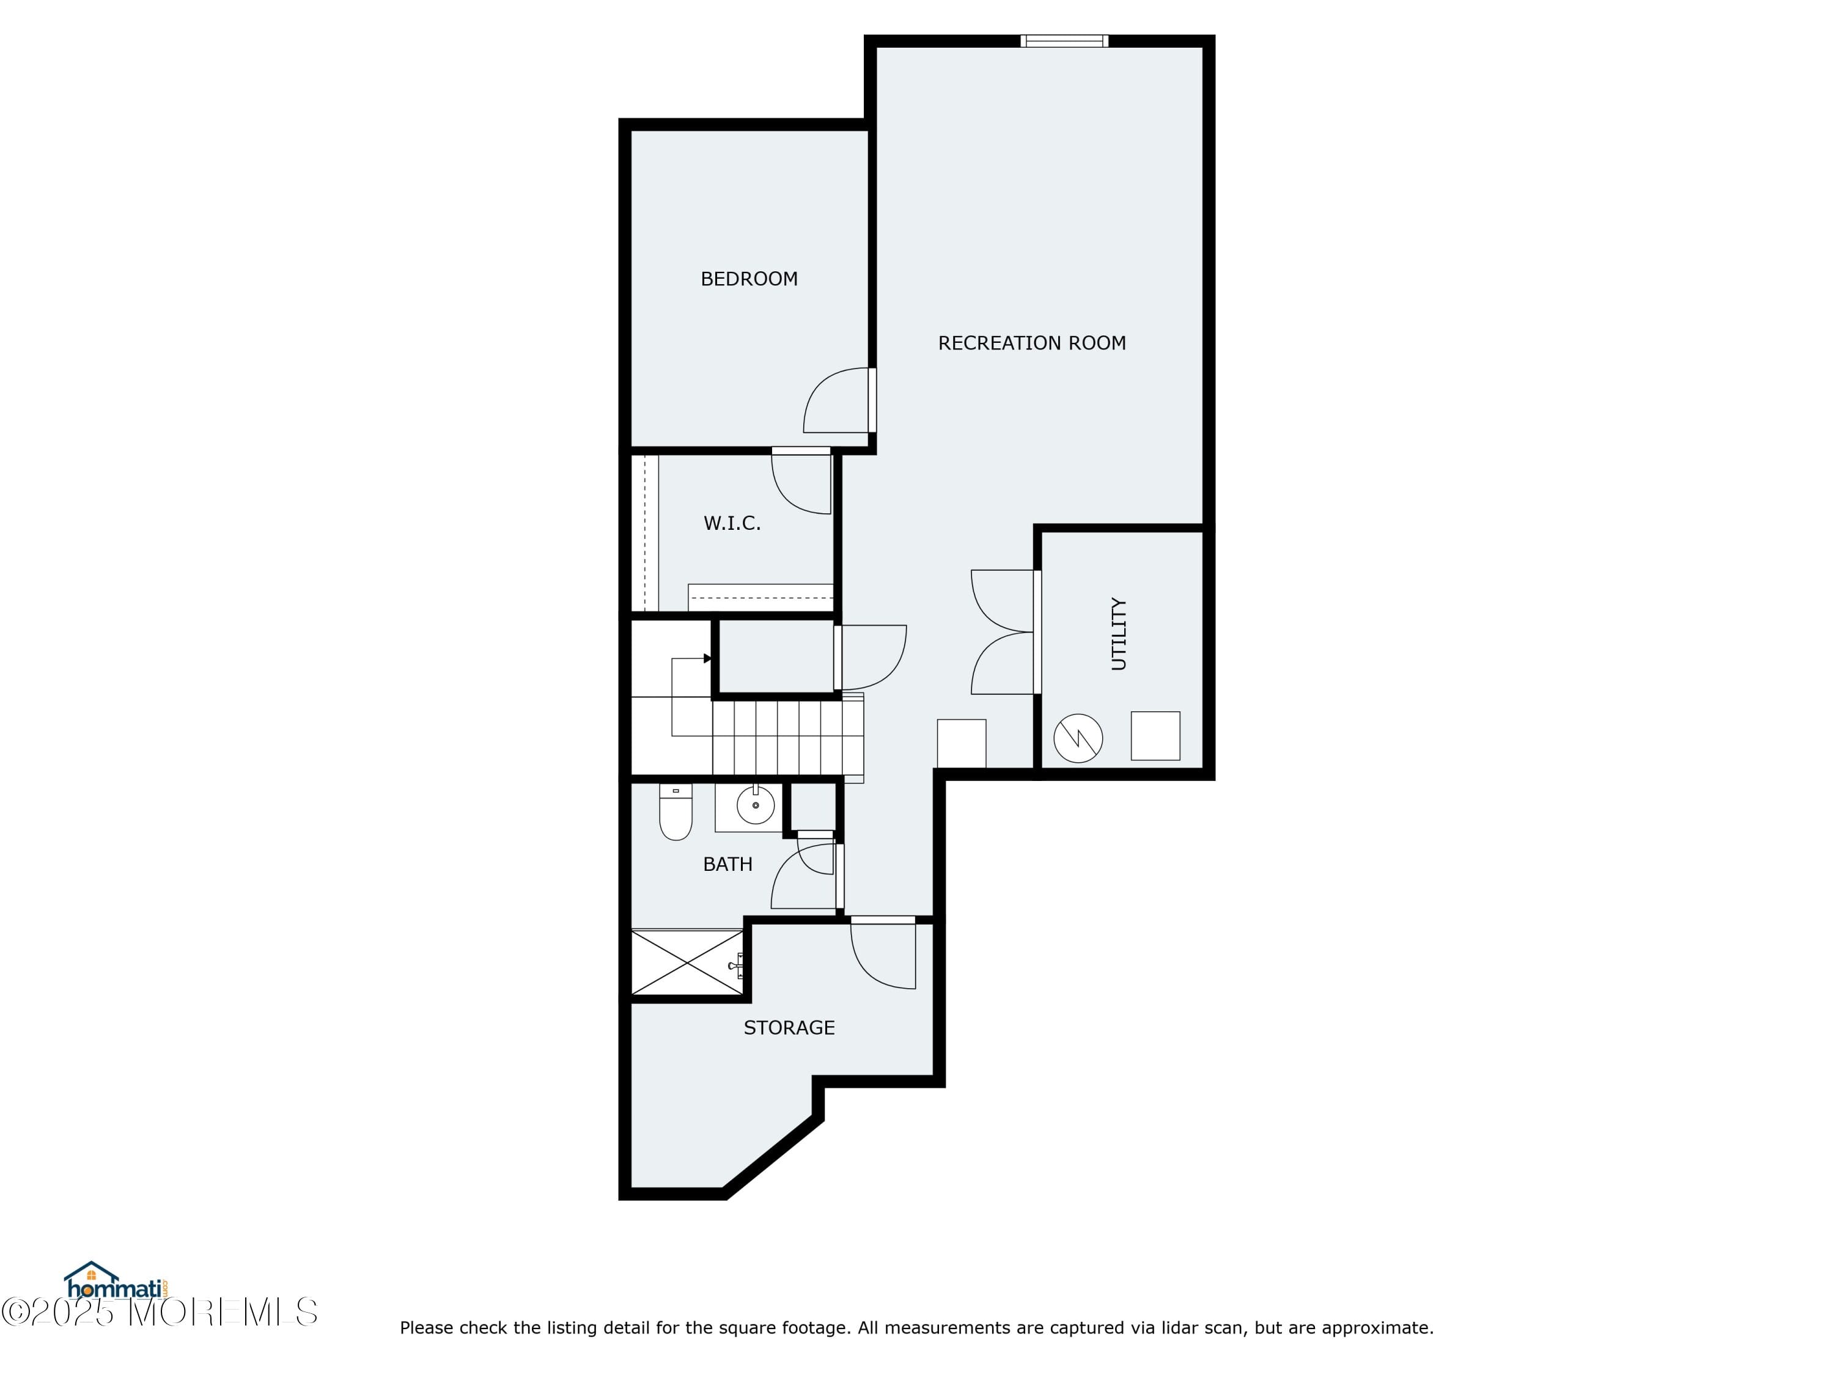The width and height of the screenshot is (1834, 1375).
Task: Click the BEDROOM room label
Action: point(749,279)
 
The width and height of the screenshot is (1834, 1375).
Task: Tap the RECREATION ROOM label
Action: point(1031,343)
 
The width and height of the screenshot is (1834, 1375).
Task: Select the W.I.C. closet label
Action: point(732,523)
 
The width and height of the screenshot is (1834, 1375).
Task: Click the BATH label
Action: point(727,865)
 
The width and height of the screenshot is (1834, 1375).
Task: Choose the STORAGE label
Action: point(789,1028)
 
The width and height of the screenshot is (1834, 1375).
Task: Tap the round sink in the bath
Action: point(756,805)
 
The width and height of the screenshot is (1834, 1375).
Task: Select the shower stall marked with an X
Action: point(687,963)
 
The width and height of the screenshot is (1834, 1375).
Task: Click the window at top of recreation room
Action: point(1064,40)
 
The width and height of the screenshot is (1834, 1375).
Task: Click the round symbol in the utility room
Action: point(1078,738)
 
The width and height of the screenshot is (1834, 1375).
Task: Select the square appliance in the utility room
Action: point(1155,736)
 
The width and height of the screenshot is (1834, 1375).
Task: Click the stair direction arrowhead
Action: point(707,658)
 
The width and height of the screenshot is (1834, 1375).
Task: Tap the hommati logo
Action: point(117,1282)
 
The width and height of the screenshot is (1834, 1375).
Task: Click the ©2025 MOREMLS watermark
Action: point(159,1313)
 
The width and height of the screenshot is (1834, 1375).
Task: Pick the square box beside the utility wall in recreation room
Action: point(961,744)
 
